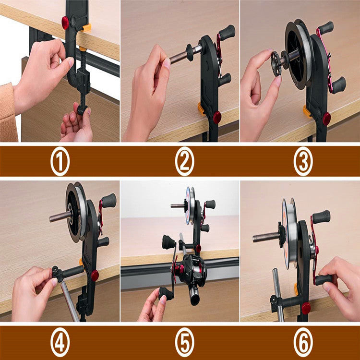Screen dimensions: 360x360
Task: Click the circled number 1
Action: coord(60,162)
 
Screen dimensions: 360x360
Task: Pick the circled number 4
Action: coord(60,343)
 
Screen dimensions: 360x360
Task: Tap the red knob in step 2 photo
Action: coord(217,117)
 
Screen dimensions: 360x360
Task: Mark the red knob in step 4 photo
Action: coord(95,275)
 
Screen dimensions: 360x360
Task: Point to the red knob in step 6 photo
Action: coord(306,308)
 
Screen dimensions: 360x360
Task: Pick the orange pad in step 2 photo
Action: coord(201,108)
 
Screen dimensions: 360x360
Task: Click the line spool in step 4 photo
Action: coord(77,211)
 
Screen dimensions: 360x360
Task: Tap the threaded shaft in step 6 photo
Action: coord(265,237)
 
